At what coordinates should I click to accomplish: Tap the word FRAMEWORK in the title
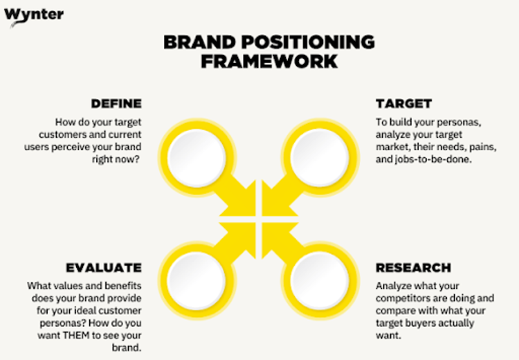(x=269, y=61)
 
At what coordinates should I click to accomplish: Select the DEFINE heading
(x=116, y=104)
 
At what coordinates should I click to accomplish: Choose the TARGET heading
(x=403, y=104)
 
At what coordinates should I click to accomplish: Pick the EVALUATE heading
(x=104, y=268)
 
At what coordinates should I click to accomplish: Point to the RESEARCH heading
(x=413, y=268)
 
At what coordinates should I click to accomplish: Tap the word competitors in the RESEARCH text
(x=404, y=298)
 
